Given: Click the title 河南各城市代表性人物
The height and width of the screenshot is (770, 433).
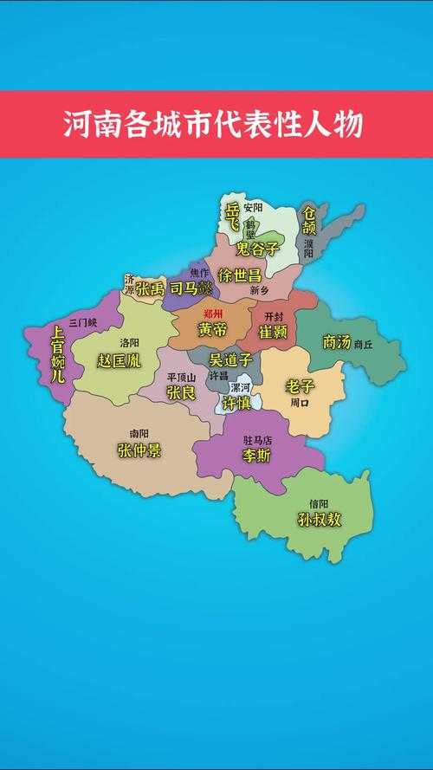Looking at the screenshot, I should tap(213, 124).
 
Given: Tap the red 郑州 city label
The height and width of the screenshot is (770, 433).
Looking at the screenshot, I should tap(212, 314).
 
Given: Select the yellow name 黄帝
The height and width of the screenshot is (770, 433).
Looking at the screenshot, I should tap(212, 330).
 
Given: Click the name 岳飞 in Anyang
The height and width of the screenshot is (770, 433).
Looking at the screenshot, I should tap(232, 217).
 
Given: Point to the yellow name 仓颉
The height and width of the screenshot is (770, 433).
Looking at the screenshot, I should tap(308, 220).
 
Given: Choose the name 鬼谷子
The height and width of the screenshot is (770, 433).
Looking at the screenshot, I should tap(258, 249).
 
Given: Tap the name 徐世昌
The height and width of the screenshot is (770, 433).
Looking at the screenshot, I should tap(240, 275).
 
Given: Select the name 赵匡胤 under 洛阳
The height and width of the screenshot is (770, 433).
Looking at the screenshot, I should tap(120, 359).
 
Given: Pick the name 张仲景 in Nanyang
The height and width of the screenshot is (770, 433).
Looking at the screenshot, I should tap(139, 450).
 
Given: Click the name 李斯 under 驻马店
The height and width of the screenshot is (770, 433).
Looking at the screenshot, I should tap(256, 455).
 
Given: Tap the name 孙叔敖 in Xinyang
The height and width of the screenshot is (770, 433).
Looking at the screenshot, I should tap(320, 520).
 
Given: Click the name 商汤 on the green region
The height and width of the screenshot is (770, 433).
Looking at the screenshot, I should tap(336, 341).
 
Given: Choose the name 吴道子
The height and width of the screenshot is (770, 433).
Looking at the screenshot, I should tap(231, 359).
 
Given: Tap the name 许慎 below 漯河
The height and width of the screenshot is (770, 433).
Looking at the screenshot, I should tap(237, 404).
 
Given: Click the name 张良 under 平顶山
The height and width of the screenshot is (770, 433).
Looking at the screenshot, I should tap(181, 392).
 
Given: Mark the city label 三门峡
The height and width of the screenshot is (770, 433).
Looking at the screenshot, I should tap(83, 322).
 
